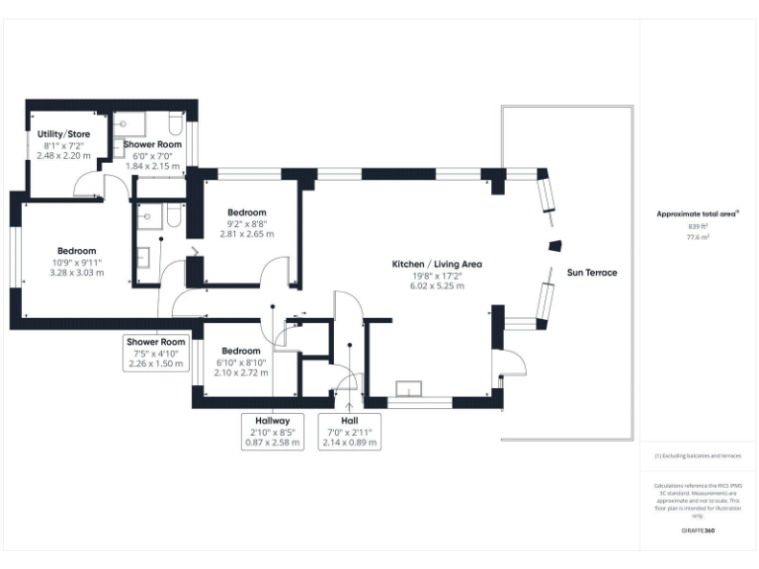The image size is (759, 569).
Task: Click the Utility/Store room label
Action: (63, 133)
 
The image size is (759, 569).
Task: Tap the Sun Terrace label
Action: (591, 272)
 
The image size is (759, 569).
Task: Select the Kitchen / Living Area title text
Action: (437, 265)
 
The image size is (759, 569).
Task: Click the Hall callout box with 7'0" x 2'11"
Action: (349, 432)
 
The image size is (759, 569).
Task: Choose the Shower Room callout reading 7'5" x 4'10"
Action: (154, 353)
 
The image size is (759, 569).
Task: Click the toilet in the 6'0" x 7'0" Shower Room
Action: (175, 123)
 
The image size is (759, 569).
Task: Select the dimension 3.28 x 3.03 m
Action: (76, 273)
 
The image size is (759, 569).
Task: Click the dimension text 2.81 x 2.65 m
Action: (246, 234)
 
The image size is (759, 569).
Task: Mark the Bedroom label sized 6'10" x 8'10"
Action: (241, 351)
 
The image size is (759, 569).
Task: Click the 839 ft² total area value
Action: (699, 227)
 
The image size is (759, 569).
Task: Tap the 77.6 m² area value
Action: (699, 238)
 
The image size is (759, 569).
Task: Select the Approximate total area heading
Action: (698, 213)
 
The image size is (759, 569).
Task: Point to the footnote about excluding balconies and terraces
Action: (698, 456)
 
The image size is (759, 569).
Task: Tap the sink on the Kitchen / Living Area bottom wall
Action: (406, 388)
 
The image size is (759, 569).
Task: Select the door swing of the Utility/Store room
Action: (87, 185)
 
